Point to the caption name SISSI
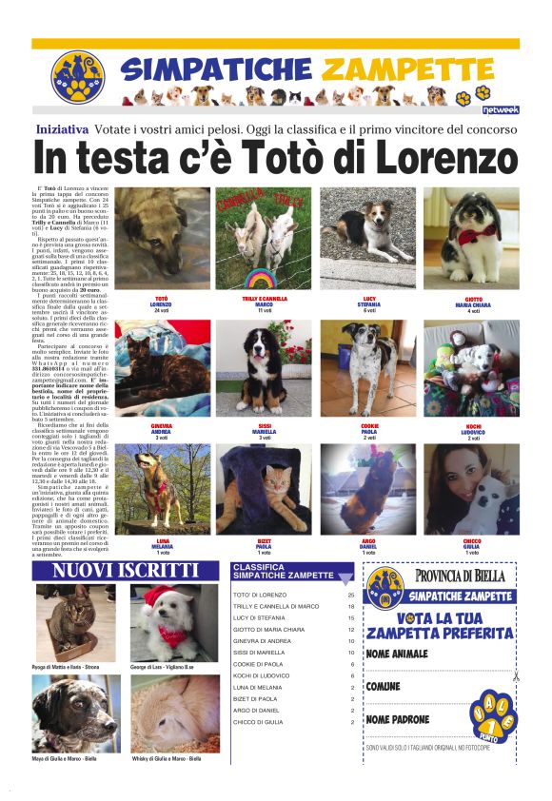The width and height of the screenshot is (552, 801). point(264,424)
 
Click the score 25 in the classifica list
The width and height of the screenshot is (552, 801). point(351,594)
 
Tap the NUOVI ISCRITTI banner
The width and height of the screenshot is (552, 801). point(126,570)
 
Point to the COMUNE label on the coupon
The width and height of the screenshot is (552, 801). point(384,686)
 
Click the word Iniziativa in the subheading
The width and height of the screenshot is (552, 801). point(64,128)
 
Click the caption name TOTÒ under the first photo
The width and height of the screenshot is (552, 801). point(161,298)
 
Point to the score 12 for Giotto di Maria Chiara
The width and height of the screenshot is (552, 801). point(351,630)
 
